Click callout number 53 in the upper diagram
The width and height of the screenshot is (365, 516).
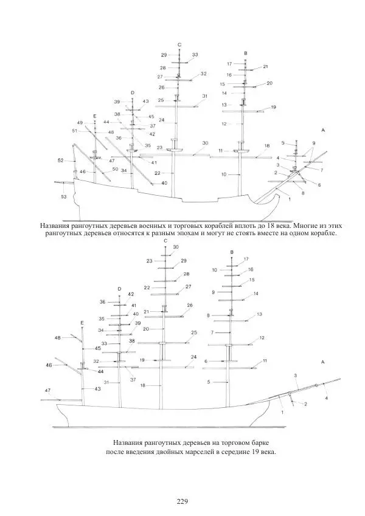point(64,197)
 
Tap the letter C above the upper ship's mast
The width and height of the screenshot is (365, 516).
point(179,45)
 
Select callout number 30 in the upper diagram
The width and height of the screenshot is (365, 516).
point(205,143)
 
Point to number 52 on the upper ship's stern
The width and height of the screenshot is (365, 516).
point(61,160)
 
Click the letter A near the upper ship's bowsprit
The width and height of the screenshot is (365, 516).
point(323,131)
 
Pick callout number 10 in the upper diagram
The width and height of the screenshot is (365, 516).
point(224,174)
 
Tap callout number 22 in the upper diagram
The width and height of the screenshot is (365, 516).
point(158,174)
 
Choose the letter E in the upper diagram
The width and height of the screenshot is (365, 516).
point(95,115)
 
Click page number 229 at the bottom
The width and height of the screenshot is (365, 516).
point(182,501)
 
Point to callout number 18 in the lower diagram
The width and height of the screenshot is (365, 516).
point(142,385)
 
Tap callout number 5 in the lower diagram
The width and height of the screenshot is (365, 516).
point(208,382)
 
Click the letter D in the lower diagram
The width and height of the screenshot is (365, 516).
point(119,289)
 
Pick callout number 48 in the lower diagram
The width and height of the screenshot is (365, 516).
point(57,337)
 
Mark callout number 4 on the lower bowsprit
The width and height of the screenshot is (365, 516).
point(326,398)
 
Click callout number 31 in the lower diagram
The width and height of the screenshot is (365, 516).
point(106,382)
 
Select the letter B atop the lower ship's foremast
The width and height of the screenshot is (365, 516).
point(232,252)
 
